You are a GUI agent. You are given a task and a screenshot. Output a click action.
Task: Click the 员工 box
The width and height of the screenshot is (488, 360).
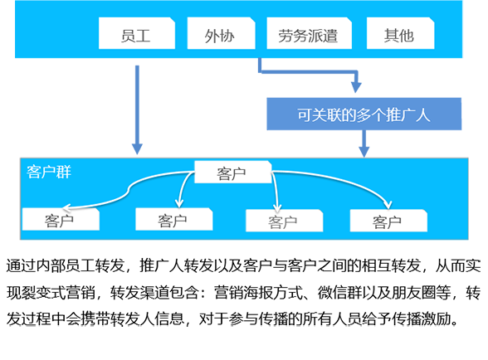point(137,33)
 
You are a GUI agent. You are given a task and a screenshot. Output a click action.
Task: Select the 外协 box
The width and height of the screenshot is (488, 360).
point(222,33)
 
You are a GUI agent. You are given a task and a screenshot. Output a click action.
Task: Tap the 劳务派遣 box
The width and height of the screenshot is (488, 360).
point(310,33)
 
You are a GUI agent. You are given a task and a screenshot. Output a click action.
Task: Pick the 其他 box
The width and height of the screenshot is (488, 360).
point(401,33)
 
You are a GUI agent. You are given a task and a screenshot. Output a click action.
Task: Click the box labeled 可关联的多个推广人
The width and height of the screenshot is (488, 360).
point(364,114)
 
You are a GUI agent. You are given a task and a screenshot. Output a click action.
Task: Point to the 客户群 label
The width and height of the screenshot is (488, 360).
point(49,172)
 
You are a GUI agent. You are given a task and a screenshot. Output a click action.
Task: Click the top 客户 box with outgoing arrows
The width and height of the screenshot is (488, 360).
point(232,172)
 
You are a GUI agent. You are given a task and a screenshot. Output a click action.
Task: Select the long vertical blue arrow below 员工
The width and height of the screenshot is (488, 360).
point(137,109)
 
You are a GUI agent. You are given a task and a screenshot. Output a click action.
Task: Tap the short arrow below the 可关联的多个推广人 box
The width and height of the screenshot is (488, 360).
point(364,144)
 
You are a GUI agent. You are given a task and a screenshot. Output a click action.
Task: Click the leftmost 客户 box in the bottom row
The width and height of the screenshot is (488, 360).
point(61,220)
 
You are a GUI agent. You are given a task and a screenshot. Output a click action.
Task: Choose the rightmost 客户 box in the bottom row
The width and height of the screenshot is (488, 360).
point(388,221)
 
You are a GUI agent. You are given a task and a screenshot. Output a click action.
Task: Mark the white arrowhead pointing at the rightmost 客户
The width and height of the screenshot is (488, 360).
point(388,205)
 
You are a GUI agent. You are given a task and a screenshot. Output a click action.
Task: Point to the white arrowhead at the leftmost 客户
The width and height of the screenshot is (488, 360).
point(66,207)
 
